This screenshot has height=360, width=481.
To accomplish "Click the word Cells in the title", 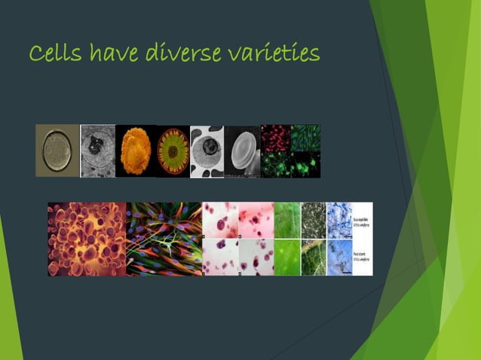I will tap(55, 54).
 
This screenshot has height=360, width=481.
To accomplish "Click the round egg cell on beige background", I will tap(57, 151).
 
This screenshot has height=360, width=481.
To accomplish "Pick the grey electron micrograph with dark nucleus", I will tap(98, 151).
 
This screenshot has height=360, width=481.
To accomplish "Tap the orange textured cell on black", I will tap(136, 151).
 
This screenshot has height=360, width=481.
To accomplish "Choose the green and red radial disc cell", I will tap(173, 151).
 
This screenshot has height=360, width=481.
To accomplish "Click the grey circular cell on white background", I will tap(207, 151).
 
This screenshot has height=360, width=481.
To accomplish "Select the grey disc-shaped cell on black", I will tap(243, 151).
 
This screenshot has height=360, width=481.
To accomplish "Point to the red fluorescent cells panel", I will tap(275, 137).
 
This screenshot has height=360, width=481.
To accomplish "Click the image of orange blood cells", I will tap(87, 238).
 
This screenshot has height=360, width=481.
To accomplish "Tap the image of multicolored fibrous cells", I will tap(164, 238).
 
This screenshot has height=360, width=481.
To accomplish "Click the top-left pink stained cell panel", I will tap(220, 220).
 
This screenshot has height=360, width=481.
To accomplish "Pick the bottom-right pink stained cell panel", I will tap(256, 257).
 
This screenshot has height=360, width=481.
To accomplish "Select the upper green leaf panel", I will tap(287, 220).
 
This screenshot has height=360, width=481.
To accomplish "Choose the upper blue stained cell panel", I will tap(339, 220).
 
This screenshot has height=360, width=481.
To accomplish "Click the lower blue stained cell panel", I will tap(339, 257).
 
